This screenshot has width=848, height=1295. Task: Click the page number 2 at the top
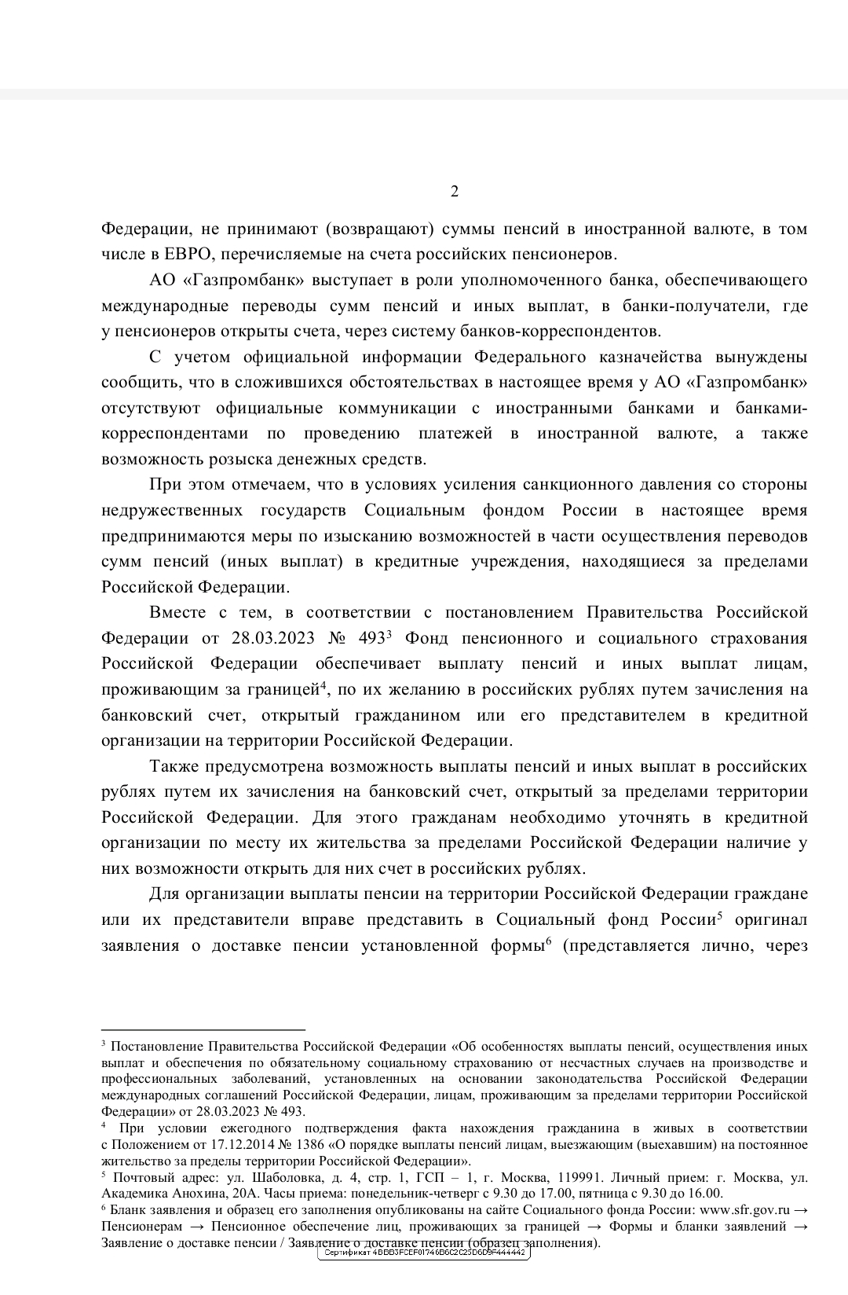click(x=454, y=192)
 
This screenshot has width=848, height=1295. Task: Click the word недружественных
click(x=171, y=511)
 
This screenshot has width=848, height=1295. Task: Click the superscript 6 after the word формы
click(x=548, y=941)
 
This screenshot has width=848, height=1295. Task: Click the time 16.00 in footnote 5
click(x=704, y=1193)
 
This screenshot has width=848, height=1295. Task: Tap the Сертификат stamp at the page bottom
click(x=424, y=1253)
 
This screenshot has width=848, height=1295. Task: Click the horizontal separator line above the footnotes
click(x=203, y=1029)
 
